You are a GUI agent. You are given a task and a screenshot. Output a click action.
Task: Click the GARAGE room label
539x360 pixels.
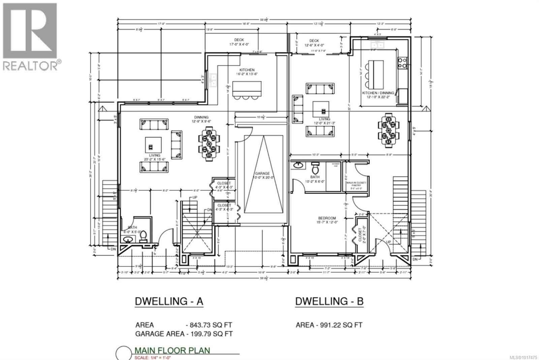pos(261,174)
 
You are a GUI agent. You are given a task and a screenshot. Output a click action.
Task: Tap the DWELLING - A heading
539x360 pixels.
pos(169,301)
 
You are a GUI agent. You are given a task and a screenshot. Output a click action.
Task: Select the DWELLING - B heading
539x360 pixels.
pos(329,301)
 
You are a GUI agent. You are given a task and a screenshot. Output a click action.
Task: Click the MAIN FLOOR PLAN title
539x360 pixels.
pos(172,350)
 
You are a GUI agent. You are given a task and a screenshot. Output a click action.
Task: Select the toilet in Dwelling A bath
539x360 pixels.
pos(143,236)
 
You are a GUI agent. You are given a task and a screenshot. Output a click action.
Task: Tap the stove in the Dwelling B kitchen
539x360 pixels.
pos(402,63)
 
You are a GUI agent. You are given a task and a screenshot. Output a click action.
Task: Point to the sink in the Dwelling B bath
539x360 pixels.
pos(298,166)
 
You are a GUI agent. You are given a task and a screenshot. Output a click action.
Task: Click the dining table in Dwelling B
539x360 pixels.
pos(389,130)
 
